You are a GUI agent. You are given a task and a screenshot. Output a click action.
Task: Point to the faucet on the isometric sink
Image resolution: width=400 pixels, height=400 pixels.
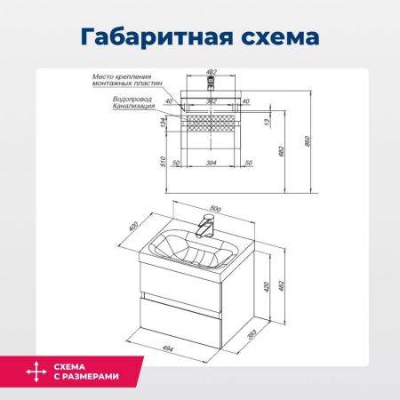click(x=206, y=226)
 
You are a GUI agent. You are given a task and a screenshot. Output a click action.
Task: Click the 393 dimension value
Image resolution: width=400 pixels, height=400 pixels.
click(x=253, y=334)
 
